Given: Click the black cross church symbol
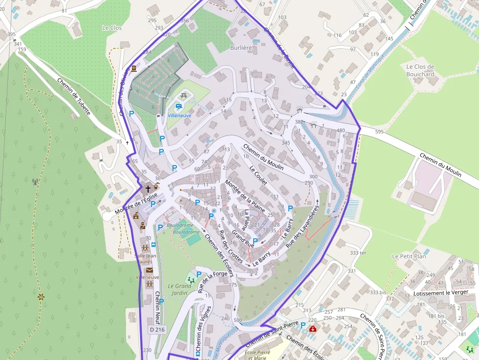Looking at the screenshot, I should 148,188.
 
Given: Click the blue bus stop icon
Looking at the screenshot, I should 153,245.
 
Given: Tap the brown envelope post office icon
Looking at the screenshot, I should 149,270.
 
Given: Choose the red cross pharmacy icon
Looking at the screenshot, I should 312,329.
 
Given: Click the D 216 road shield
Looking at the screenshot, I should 157,330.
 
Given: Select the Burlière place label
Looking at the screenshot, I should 241,48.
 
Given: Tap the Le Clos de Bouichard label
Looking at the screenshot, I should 420,70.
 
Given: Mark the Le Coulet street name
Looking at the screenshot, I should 258,175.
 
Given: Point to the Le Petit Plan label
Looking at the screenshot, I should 409,256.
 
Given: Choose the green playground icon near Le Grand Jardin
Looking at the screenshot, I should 191,280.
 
